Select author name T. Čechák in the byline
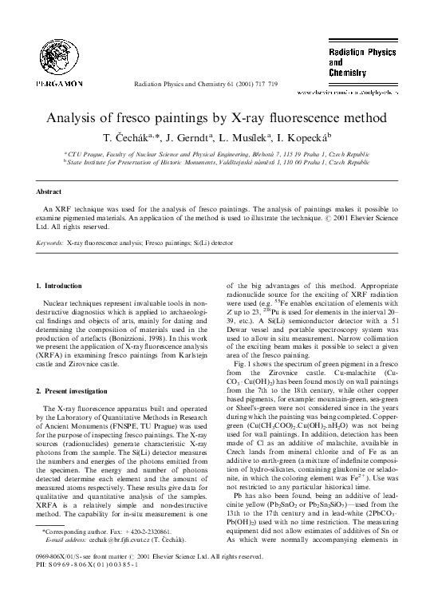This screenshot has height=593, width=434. pos(131,136)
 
